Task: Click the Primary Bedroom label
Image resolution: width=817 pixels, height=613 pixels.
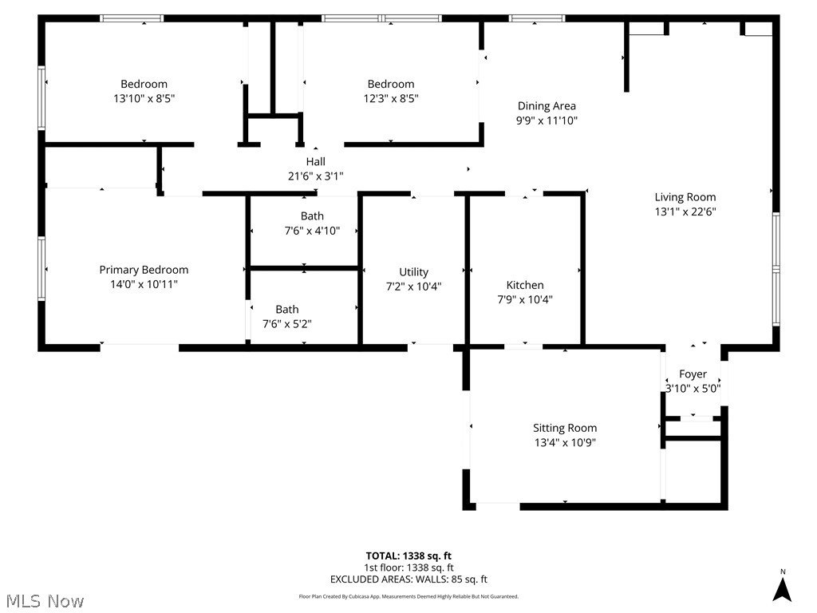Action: point(144,270)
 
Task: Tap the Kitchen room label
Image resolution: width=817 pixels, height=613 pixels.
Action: point(525,285)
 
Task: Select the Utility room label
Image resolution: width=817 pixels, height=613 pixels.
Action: point(413,272)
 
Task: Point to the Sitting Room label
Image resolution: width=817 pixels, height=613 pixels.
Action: point(565,428)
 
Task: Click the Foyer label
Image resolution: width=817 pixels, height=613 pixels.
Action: point(693,374)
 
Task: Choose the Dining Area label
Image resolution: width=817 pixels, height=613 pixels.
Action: point(547,106)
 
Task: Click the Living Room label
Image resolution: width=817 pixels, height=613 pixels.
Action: point(685,197)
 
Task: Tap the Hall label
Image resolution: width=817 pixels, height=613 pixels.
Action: point(316,161)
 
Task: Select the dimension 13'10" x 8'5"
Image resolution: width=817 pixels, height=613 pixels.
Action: point(144,99)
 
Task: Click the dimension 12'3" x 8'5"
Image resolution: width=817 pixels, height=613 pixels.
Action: point(391,99)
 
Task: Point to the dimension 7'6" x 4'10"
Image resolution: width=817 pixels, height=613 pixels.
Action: point(312,231)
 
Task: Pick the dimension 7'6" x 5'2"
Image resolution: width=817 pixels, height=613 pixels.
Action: point(287,324)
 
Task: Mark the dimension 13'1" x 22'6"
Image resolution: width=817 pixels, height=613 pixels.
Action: point(685,212)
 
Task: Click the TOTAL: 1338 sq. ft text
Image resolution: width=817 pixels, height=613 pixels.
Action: point(408,556)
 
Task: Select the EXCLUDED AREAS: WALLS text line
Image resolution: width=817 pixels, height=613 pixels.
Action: point(408,580)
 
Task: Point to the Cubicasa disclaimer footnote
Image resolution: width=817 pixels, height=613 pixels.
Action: point(408,596)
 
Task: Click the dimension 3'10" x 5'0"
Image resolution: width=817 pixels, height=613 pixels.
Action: point(693,389)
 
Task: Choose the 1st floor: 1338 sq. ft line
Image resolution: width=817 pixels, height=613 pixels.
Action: point(408,568)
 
